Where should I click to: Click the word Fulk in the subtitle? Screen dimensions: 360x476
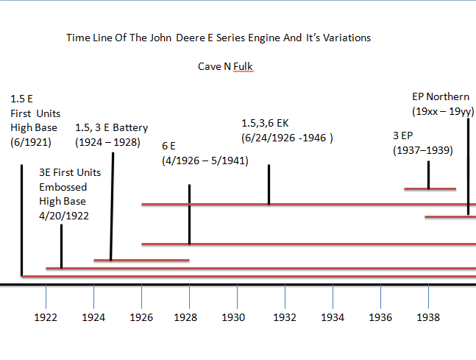244,67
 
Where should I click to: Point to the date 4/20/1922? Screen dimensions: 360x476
62,216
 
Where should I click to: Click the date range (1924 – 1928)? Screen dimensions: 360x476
107,142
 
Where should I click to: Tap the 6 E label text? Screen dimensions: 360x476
169,146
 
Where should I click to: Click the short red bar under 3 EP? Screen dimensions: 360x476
430,189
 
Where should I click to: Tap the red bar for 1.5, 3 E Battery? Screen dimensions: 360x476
141,260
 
